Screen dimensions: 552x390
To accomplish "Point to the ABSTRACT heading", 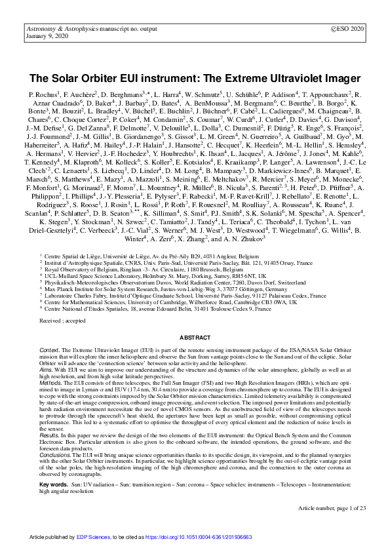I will pos(195,336).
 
